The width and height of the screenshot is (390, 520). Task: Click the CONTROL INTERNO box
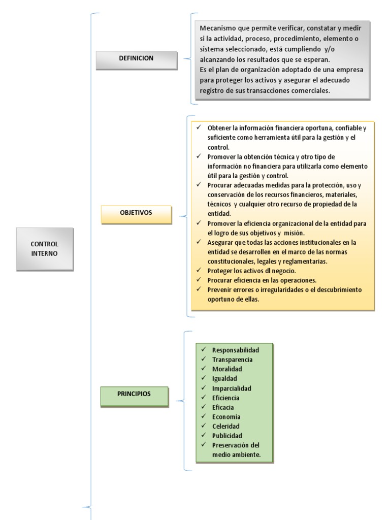tap(45, 249)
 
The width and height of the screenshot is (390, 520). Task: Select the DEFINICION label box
tap(136, 59)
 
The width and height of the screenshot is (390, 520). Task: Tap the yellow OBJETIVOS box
tap(136, 214)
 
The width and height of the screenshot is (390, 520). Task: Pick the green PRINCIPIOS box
tap(134, 396)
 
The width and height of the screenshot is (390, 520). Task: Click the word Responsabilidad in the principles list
tap(236, 350)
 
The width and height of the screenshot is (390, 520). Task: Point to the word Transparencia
tap(232, 360)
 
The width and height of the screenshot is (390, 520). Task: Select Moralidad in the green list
tap(227, 369)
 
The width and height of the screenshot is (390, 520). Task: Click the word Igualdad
tap(224, 378)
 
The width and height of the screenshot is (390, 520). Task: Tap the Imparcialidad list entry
tap(232, 388)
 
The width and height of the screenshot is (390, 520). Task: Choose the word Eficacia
tap(223, 407)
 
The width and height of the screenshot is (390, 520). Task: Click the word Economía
tap(226, 417)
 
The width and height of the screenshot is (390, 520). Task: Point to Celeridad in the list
tap(225, 426)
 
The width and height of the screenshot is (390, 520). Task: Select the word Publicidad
tap(227, 436)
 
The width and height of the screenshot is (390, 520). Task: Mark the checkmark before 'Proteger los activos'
tap(199, 270)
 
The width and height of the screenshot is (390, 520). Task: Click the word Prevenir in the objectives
tap(220, 289)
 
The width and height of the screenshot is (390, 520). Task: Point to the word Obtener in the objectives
tap(219, 127)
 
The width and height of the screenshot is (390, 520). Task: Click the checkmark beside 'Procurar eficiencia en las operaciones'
tap(199, 280)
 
